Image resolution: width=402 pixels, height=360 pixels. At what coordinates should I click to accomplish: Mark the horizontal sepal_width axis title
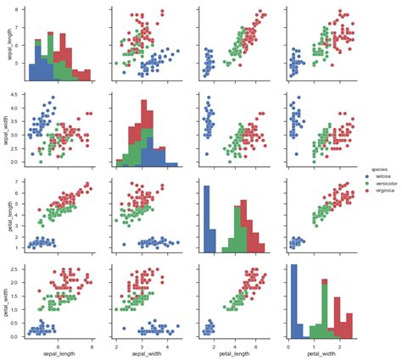point(145,353)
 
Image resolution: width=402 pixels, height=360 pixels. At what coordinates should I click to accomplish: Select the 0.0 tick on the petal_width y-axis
point(19,335)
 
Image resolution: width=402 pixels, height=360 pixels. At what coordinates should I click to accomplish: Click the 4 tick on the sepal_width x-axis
point(167,344)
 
